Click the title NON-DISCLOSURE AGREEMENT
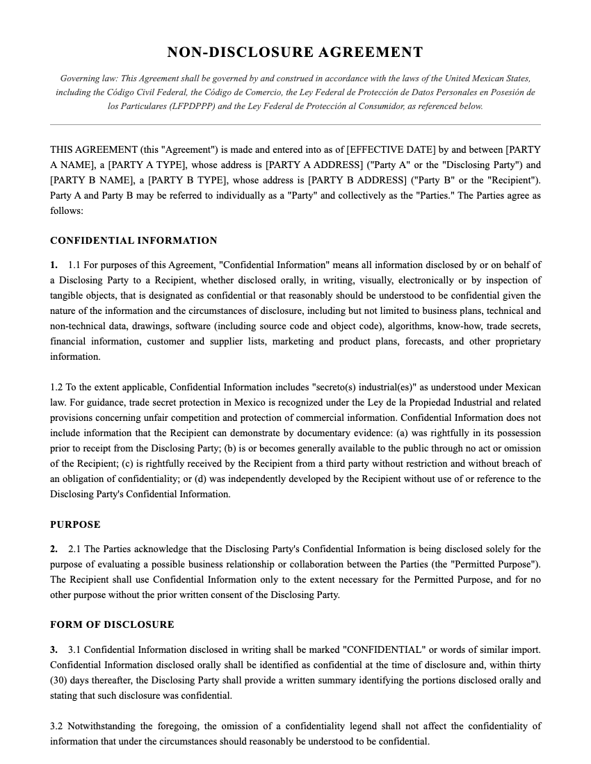click(x=295, y=52)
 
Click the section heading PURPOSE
click(x=75, y=524)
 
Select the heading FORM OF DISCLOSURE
click(x=112, y=624)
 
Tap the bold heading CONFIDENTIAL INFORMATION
click(x=133, y=240)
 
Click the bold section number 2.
click(x=54, y=549)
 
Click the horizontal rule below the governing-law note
click(x=295, y=124)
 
